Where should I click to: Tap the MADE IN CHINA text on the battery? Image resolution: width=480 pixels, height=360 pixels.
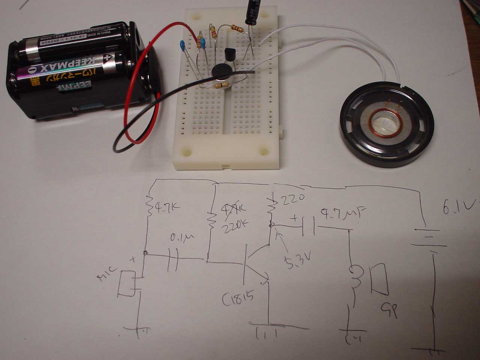[100, 34]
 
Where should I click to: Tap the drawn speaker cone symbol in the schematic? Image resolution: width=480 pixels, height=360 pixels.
[379, 279]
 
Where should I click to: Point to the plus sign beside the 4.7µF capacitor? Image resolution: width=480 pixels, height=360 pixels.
[295, 217]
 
